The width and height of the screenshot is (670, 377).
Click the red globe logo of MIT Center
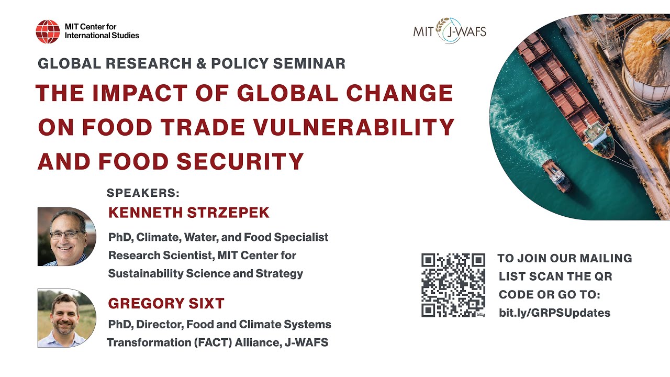pyautogui.click(x=48, y=31)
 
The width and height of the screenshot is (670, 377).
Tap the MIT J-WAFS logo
pyautogui.click(x=450, y=31)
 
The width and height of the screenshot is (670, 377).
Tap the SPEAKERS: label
pyautogui.click(x=143, y=193)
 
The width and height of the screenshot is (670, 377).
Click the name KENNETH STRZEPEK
pyautogui.click(x=188, y=213)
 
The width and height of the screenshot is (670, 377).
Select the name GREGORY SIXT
pyautogui.click(x=166, y=303)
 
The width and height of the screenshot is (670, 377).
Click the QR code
pyautogui.click(x=453, y=285)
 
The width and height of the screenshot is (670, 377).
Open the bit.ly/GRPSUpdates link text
pyautogui.click(x=554, y=313)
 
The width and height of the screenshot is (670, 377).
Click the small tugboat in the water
pyautogui.click(x=556, y=176)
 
